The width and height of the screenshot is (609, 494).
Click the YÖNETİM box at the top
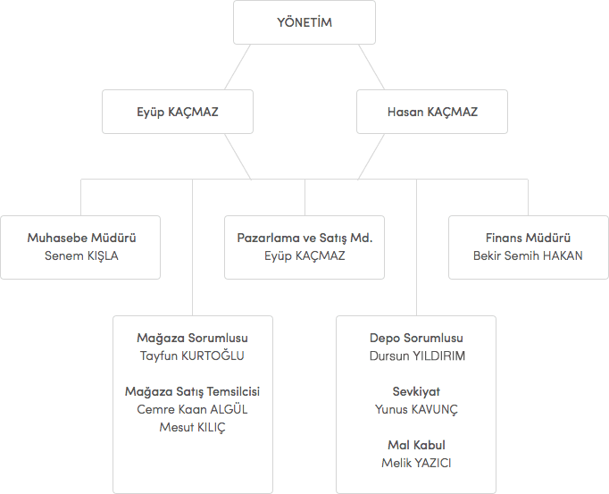(x=304, y=22)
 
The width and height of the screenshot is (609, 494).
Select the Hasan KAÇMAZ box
(x=432, y=112)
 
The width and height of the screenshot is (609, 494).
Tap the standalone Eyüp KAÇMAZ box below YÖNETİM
(x=177, y=112)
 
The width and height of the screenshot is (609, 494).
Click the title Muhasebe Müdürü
(x=81, y=239)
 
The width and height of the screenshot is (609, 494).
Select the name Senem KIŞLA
(x=81, y=255)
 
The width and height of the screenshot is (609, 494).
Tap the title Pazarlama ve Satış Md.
(x=304, y=239)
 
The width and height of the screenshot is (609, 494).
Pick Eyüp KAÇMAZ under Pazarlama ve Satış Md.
(x=304, y=255)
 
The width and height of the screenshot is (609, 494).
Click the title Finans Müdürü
(x=528, y=239)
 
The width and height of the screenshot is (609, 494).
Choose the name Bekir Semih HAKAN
(x=528, y=255)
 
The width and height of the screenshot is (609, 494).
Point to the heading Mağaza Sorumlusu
(x=192, y=339)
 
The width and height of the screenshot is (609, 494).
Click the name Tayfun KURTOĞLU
(x=192, y=356)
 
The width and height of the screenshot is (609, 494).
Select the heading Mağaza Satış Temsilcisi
(x=192, y=392)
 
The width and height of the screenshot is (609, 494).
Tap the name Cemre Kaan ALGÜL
(x=192, y=409)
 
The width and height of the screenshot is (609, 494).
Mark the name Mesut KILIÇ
(x=192, y=427)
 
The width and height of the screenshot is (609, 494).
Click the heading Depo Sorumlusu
(x=416, y=339)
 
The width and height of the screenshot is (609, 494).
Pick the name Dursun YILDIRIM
(x=416, y=356)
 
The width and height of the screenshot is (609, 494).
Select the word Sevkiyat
(x=416, y=392)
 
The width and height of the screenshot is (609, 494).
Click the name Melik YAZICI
(x=416, y=463)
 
